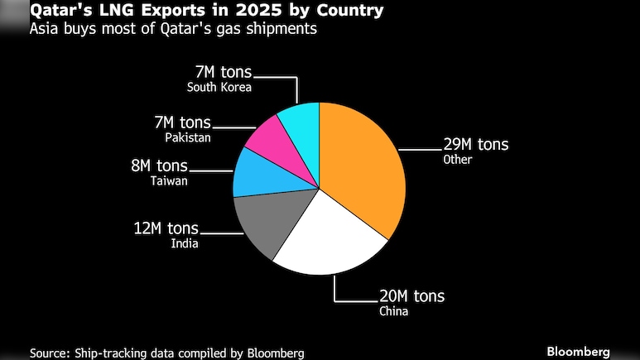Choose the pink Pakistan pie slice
tap(269, 137)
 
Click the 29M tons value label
tap(476, 145)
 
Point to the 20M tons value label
tap(411, 296)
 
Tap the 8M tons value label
tap(160, 166)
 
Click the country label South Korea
tap(219, 87)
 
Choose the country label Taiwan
tap(169, 180)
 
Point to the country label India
tap(184, 243)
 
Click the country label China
tap(393, 311)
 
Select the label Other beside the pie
tap(457, 160)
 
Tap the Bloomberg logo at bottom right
tap(578, 351)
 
